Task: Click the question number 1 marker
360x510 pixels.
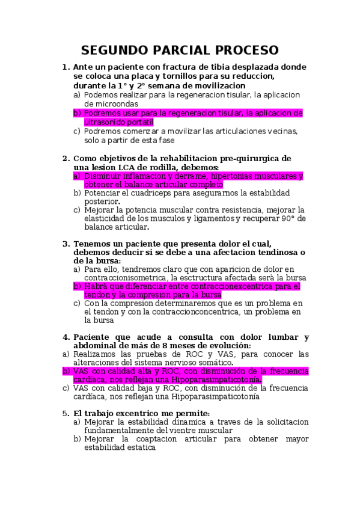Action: pos(66,67)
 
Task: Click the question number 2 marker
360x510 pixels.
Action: pos(66,158)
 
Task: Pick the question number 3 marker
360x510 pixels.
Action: pos(66,244)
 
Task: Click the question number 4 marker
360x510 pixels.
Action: pos(66,337)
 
